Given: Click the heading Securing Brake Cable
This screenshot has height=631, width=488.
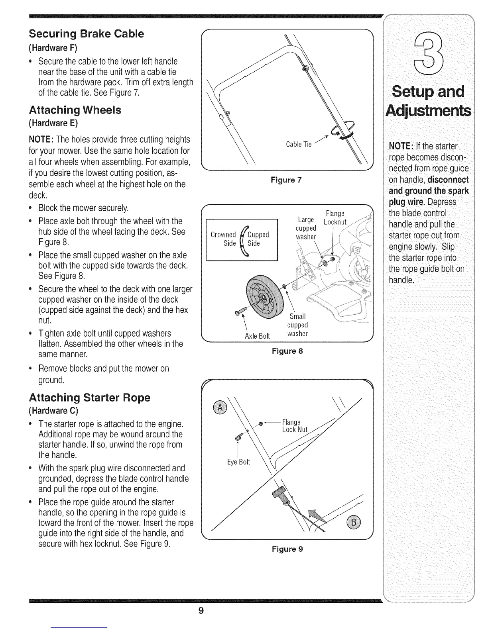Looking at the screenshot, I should click(86, 33).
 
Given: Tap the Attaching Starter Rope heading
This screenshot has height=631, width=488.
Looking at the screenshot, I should click(90, 398).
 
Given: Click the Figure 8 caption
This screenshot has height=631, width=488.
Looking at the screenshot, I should click(287, 351).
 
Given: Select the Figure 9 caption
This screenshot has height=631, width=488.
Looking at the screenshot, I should click(287, 549).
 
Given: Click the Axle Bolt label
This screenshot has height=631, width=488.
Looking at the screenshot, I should click(257, 336).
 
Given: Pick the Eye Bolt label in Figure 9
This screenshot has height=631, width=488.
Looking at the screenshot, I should click(238, 462).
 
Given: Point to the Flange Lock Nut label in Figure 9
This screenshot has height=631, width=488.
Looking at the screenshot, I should click(294, 425).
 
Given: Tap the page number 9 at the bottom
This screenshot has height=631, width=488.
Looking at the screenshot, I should click(201, 611).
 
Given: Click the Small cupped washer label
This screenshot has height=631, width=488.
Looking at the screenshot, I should click(297, 325).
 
